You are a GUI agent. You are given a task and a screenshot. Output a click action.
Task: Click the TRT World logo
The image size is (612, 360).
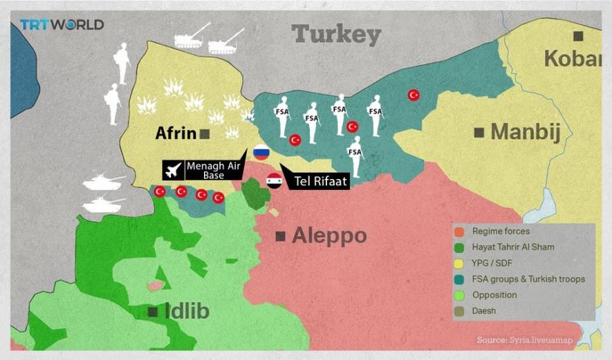[x=62, y=25]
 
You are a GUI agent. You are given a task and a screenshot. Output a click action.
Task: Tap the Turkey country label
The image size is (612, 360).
[x=336, y=35]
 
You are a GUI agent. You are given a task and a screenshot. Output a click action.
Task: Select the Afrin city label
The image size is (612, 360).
[x=178, y=133]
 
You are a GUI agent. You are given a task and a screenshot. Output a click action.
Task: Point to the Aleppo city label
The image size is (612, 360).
[x=329, y=236]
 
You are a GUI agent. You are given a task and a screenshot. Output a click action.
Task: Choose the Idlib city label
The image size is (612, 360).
[x=187, y=312]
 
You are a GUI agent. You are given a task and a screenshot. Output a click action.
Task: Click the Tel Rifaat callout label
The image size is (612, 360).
[x=319, y=182]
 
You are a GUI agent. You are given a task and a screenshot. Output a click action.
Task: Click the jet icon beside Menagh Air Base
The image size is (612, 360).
[x=173, y=169]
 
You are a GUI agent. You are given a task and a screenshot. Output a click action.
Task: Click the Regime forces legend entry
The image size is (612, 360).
[x=501, y=231]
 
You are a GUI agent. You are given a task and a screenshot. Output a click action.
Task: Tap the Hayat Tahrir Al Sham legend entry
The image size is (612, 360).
[x=513, y=247]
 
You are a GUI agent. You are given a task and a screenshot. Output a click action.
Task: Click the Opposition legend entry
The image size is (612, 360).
[x=494, y=295]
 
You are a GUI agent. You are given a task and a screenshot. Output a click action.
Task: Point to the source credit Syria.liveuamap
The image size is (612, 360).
[x=535, y=340]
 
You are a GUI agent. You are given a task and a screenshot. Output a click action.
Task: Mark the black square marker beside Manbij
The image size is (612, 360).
[x=479, y=132]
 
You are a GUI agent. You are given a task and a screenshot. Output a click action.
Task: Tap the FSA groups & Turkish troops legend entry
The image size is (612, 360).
[x=528, y=279]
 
